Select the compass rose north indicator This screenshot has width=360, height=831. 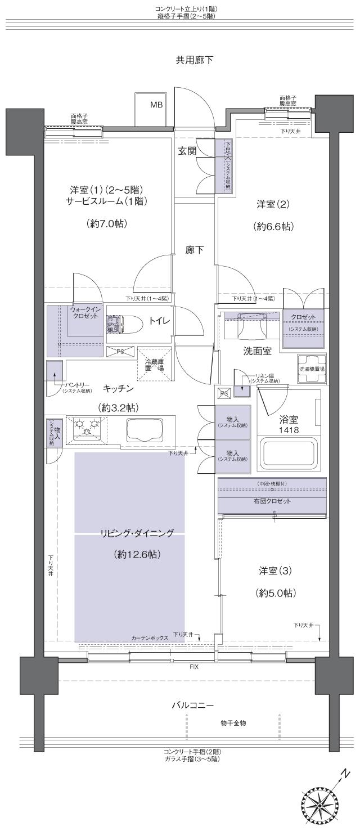321,804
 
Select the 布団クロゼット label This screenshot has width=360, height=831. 272,501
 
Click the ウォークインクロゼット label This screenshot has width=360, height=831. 85,313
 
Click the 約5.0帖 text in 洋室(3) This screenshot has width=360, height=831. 275,593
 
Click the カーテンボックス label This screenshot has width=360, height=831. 150,638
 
